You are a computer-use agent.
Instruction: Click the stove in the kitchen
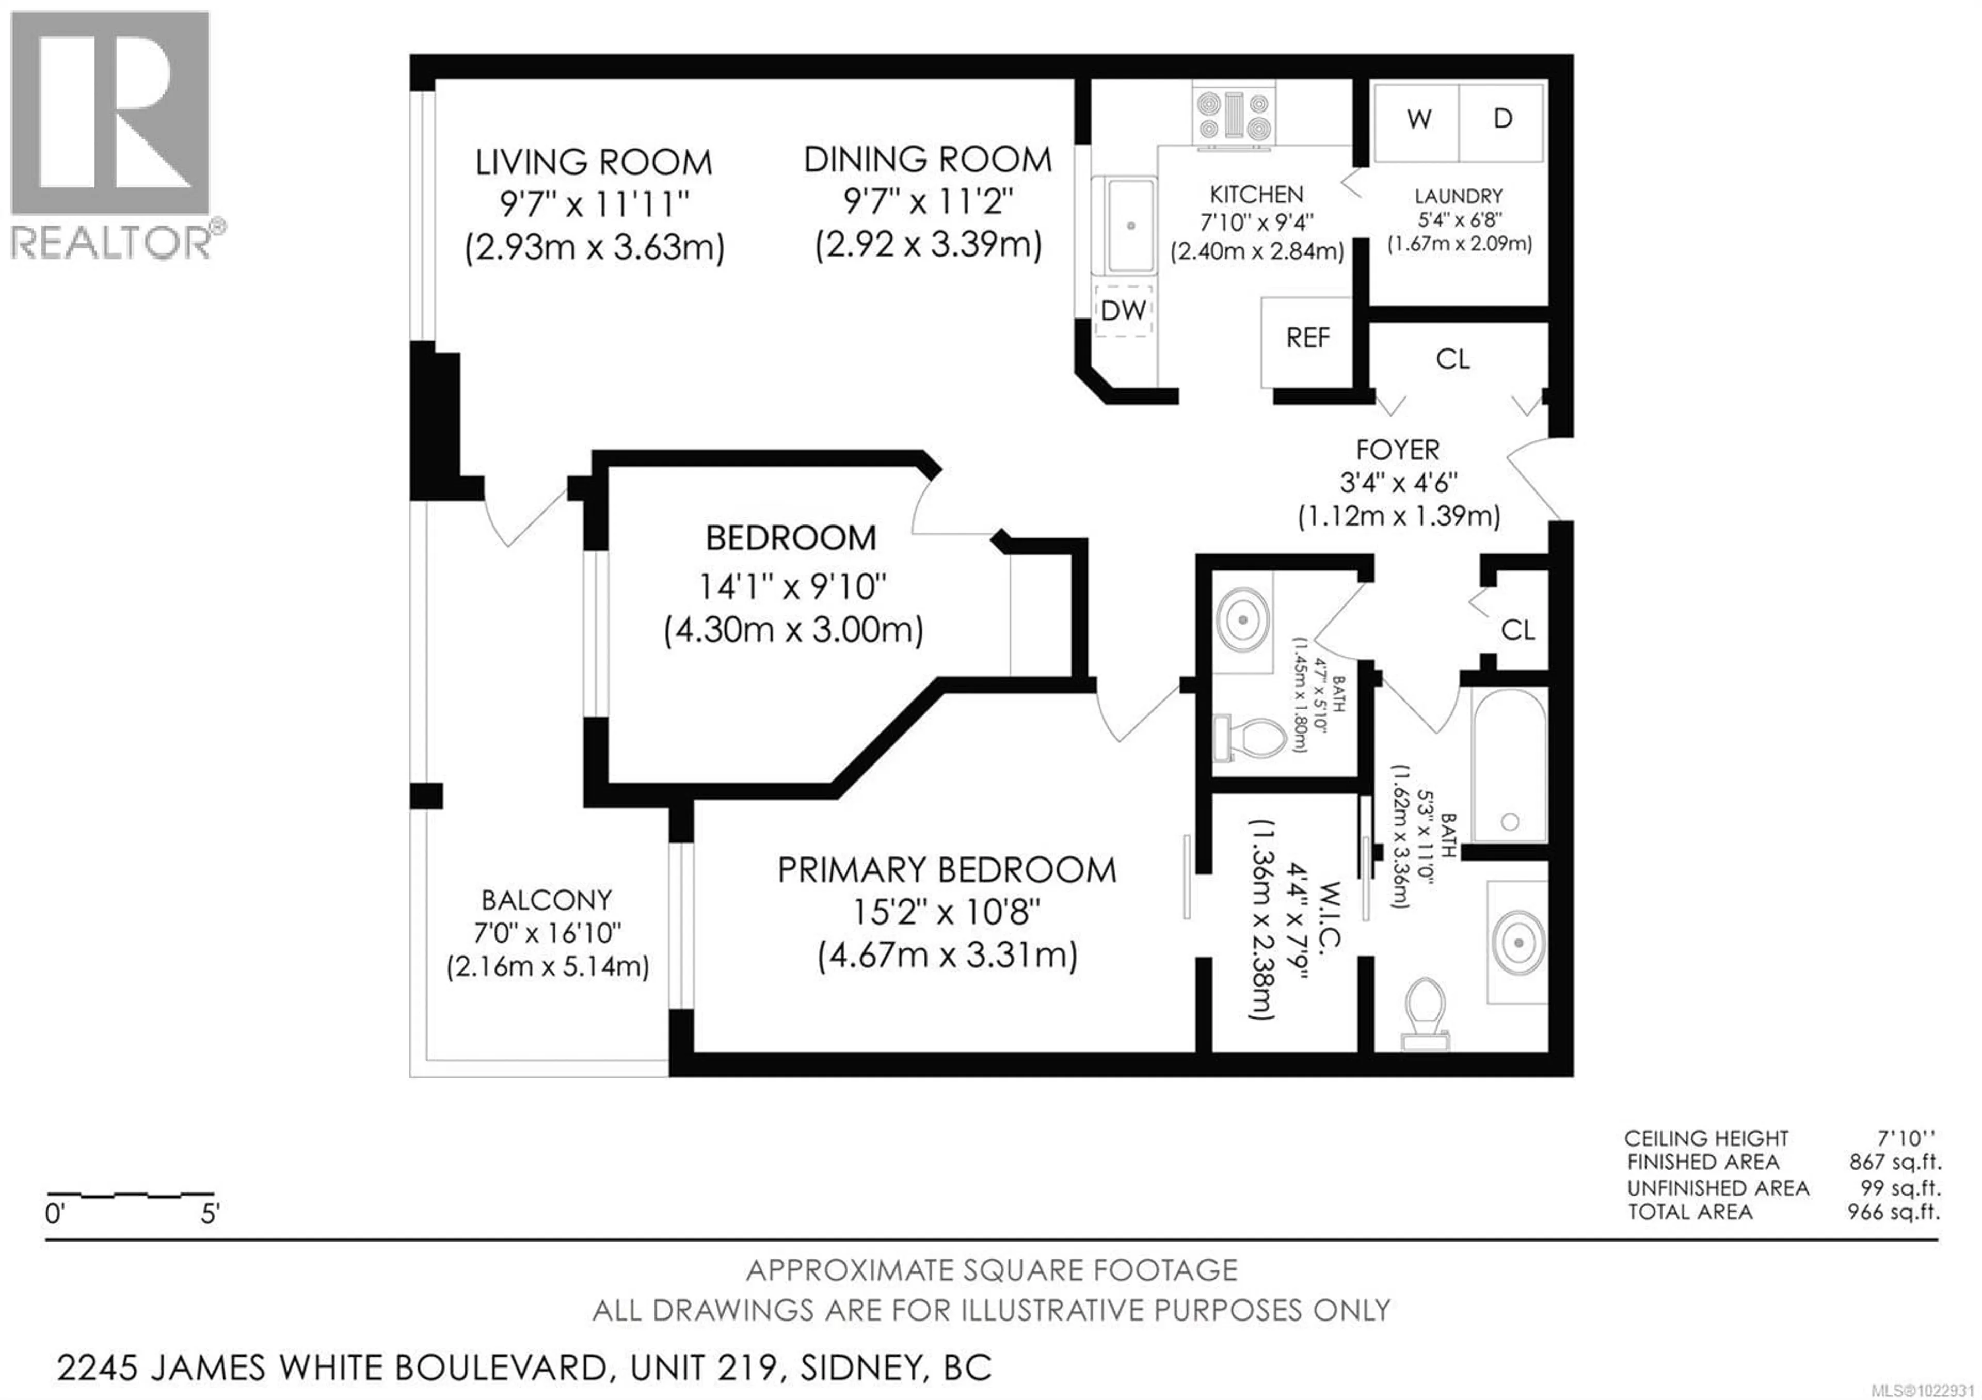[1234, 115]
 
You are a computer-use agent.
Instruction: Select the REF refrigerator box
[1307, 341]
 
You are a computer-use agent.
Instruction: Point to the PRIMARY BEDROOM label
[947, 870]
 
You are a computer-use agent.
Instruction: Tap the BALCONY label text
[547, 900]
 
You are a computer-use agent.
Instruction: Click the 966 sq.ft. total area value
[1893, 1212]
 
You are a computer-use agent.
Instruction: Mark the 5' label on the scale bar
[210, 1215]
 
